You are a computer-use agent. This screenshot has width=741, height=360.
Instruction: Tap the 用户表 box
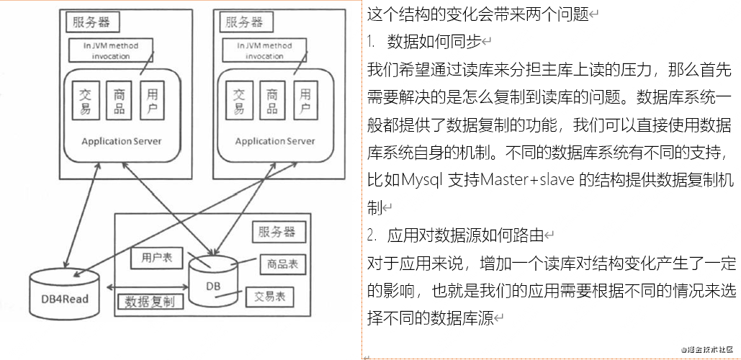pyautogui.click(x=156, y=256)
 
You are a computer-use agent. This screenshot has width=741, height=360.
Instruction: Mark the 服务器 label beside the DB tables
pyautogui.click(x=279, y=233)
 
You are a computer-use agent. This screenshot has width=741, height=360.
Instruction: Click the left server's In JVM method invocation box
pyautogui.click(x=111, y=50)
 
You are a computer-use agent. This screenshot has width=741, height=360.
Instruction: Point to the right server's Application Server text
pyautogui.click(x=275, y=141)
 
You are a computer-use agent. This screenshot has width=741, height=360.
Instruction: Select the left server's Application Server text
pyautogui.click(x=121, y=140)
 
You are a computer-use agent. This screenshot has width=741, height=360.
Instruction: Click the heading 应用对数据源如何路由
pyautogui.click(x=465, y=235)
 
